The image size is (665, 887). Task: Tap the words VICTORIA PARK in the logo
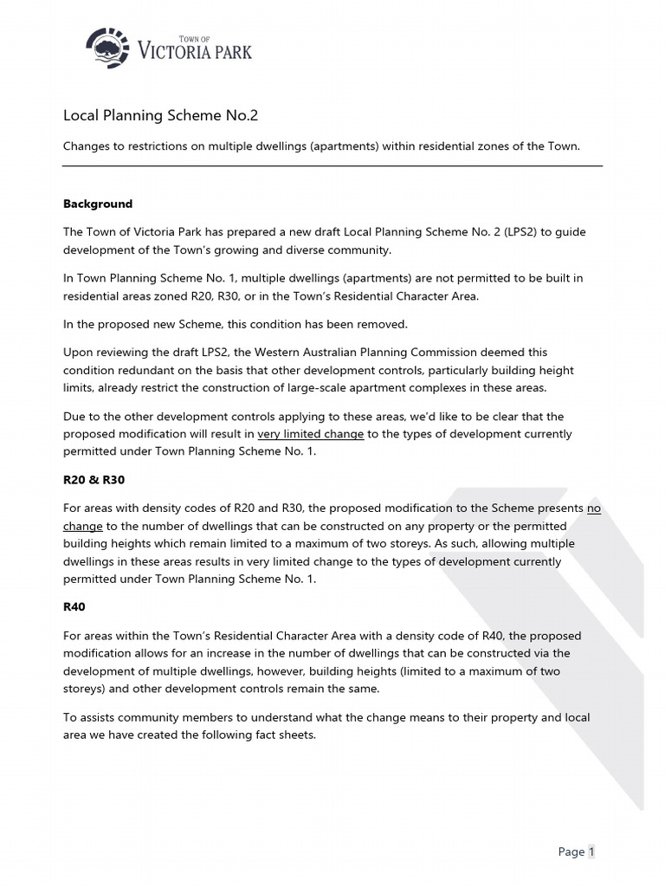tap(195, 52)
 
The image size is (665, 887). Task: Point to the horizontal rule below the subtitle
tap(332, 166)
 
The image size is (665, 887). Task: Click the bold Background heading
tap(98, 204)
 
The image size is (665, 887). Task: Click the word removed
tap(384, 324)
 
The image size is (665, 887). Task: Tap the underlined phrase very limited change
tap(311, 434)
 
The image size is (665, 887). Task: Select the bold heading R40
tap(75, 607)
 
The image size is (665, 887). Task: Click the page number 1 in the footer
tap(591, 851)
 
